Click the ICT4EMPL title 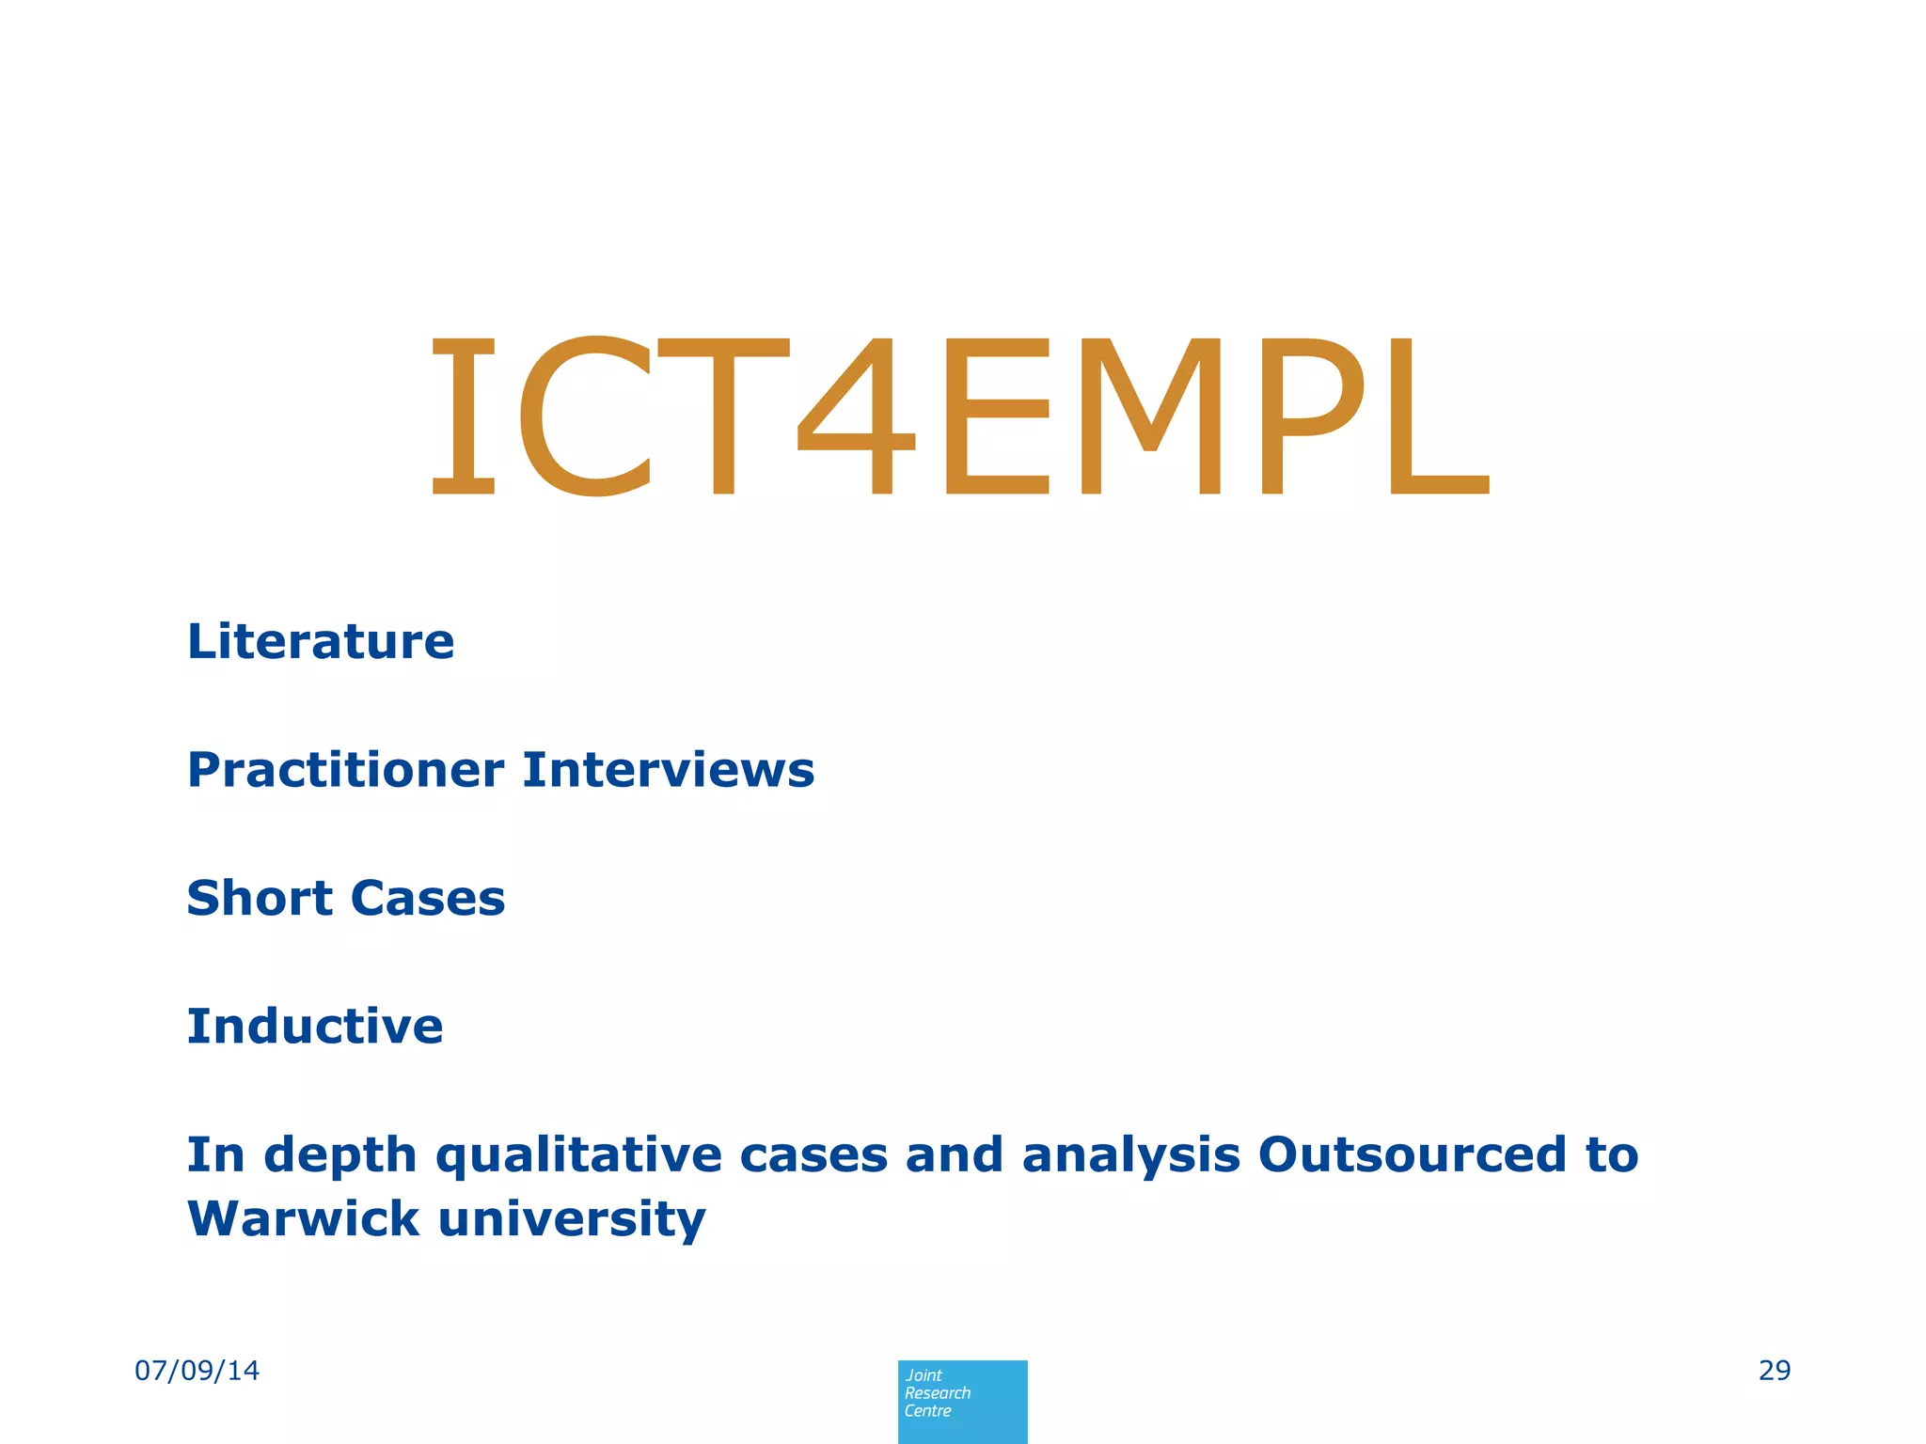pos(959,416)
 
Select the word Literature pos(321,642)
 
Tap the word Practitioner pos(345,771)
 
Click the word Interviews pos(669,770)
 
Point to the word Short pos(260,898)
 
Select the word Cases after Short pos(428,899)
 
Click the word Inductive pos(315,1027)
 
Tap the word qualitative pos(577,1156)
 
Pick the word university pos(572,1220)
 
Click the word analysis pos(1130,1155)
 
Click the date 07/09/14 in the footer pos(197,1371)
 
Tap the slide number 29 pos(1774,1371)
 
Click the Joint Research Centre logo pos(962,1401)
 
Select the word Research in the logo pos(938,1393)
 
